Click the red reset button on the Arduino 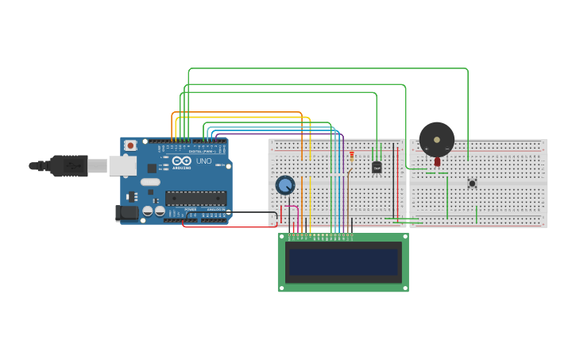point(130,146)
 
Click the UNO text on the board point(204,161)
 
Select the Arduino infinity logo point(181,161)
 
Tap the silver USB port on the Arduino point(122,165)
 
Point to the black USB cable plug point(68,165)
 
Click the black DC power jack point(126,212)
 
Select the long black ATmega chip point(195,199)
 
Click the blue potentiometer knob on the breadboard point(285,185)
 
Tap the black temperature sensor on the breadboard point(377,167)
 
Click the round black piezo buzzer point(436,140)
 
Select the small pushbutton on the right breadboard point(472,184)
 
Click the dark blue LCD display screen point(343,262)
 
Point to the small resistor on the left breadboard point(352,157)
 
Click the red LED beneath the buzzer point(437,161)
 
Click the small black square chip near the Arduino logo point(151,168)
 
